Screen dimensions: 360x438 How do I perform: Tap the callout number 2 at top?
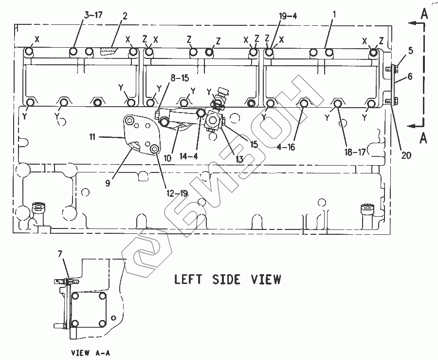[125, 16]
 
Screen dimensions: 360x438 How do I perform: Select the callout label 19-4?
[288, 16]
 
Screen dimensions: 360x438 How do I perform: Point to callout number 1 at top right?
[334, 16]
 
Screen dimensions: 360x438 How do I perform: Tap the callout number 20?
[406, 155]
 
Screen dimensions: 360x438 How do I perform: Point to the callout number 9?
[108, 184]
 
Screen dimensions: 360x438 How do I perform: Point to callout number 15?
[253, 145]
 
